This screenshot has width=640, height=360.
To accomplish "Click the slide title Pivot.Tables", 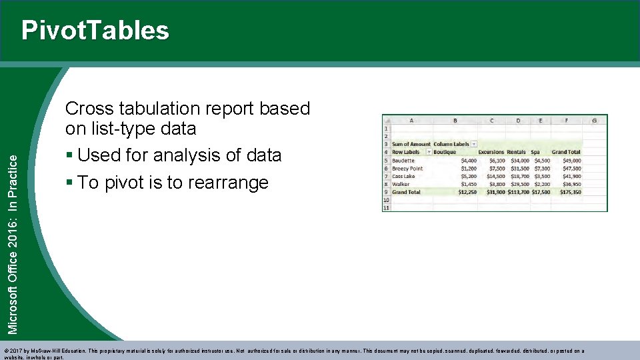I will [95, 31].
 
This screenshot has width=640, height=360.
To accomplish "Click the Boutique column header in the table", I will [445, 152].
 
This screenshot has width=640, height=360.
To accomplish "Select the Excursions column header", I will [491, 152].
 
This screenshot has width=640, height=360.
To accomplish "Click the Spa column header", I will [535, 152].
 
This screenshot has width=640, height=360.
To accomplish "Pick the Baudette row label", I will [403, 161].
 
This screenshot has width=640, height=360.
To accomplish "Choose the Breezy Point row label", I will [407, 169].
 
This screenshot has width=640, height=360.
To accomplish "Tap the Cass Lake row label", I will [403, 177].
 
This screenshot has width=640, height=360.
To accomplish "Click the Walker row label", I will [401, 184].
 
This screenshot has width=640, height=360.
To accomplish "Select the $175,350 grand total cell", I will [570, 192].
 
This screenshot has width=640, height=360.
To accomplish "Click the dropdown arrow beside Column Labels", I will [474, 144].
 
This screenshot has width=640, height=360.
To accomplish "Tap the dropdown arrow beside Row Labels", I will [426, 152].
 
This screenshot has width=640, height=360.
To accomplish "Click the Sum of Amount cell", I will [411, 144].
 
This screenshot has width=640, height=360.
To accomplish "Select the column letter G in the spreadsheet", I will [594, 121].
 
